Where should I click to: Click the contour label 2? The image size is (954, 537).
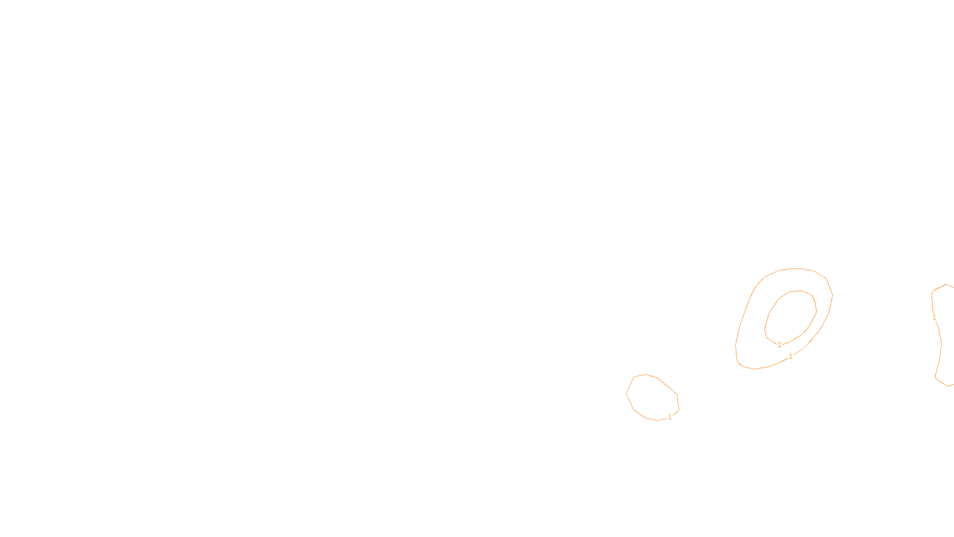[x=779, y=345]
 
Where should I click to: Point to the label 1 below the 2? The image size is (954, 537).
[x=791, y=356]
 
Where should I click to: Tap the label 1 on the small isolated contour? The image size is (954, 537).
[x=670, y=417]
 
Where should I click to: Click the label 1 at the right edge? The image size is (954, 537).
[x=934, y=318]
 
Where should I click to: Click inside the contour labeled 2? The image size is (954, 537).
[x=791, y=316]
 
